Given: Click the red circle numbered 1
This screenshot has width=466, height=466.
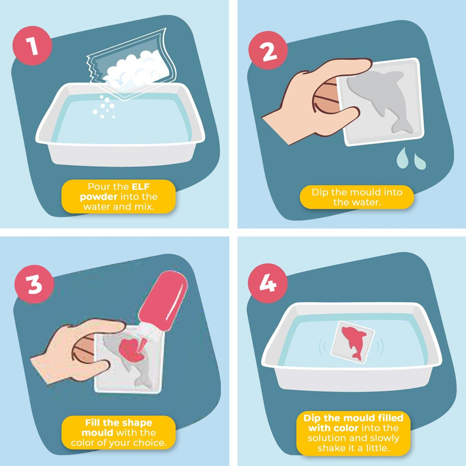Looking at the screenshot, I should coord(32,46).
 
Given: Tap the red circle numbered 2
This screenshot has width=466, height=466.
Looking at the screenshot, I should coord(268,51).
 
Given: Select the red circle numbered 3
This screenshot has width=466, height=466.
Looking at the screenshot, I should coord(34,284).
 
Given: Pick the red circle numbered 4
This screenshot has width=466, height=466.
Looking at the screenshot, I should coord(267,283).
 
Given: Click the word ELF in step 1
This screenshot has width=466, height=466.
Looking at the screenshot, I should coord(141,187).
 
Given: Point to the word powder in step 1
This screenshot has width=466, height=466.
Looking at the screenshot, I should coord(99,197).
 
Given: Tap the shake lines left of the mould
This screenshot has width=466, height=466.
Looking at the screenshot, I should coord(322,347).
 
